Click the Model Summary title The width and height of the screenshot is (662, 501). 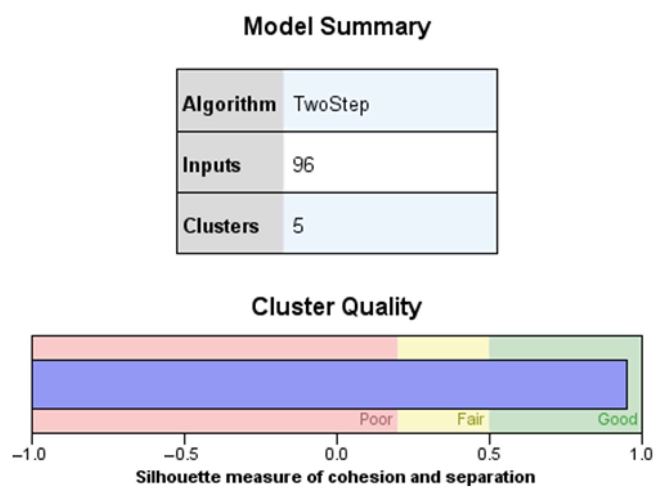[x=336, y=27]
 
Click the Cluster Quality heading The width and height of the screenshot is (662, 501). [x=336, y=307]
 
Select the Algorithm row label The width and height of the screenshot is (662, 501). [x=229, y=104]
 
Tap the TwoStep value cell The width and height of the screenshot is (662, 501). [x=331, y=104]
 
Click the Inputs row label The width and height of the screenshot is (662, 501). [x=211, y=165]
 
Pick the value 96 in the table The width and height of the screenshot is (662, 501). [x=303, y=165]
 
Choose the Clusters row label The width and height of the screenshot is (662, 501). [x=221, y=226]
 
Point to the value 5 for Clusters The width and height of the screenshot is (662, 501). [x=298, y=226]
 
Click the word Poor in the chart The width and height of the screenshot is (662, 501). [x=376, y=419]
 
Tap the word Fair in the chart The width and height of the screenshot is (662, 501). [x=470, y=419]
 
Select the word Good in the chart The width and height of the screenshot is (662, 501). [x=617, y=419]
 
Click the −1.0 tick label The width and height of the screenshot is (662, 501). [x=29, y=455]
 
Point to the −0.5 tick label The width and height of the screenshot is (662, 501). [x=181, y=455]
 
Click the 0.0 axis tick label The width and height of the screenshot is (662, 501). [x=336, y=455]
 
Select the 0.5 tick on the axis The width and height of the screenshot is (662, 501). [x=489, y=455]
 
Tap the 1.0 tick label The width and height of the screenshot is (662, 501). [x=641, y=455]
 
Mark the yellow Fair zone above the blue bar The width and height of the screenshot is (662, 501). [x=443, y=348]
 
